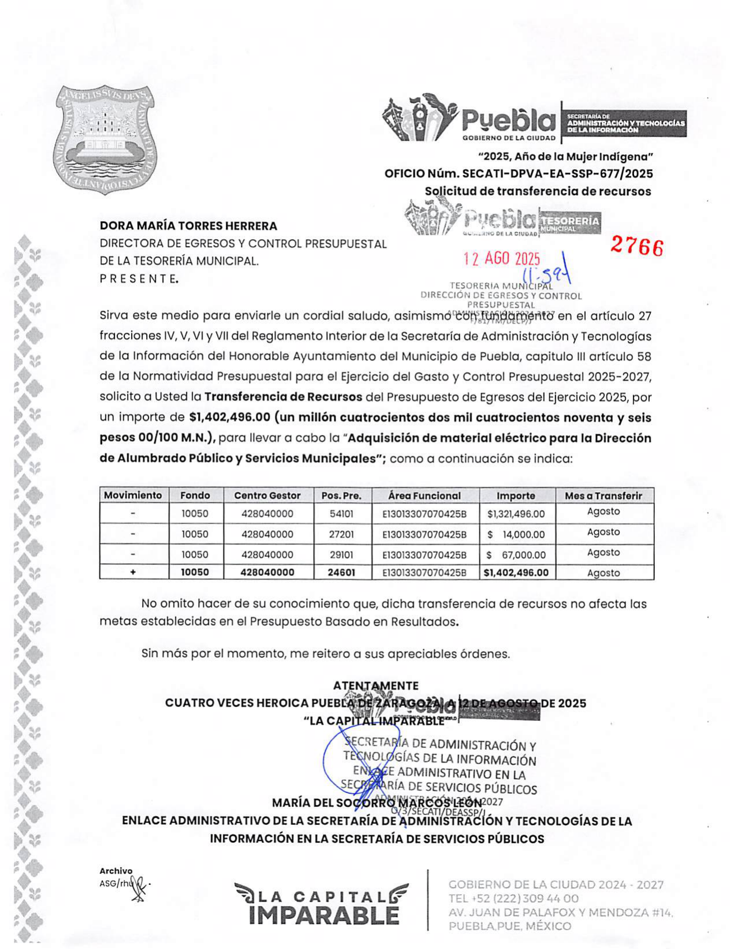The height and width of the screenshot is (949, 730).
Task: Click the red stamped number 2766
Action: click(637, 247)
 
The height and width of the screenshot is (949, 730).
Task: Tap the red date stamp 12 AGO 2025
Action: click(501, 259)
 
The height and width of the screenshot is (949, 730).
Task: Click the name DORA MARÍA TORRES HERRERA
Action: click(188, 226)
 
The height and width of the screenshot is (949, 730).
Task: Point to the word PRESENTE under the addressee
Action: click(139, 279)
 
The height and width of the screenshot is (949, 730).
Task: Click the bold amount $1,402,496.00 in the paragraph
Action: click(229, 418)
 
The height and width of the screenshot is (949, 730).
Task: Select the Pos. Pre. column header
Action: click(341, 496)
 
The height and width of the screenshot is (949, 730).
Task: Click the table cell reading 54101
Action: click(341, 514)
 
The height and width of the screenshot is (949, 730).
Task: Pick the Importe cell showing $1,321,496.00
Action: click(516, 514)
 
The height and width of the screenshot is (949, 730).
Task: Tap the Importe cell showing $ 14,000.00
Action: click(516, 535)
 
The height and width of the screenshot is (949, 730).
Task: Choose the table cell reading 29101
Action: click(341, 555)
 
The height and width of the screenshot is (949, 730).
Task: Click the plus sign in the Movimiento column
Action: click(133, 572)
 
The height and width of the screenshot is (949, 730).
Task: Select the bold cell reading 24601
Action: click(341, 572)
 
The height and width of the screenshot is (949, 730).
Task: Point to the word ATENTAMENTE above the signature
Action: click(375, 686)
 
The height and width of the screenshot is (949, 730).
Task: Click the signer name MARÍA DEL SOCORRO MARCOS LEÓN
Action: click(377, 803)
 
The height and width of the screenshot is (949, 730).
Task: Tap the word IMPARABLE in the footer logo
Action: click(324, 915)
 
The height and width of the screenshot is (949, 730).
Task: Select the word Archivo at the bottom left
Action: click(116, 871)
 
